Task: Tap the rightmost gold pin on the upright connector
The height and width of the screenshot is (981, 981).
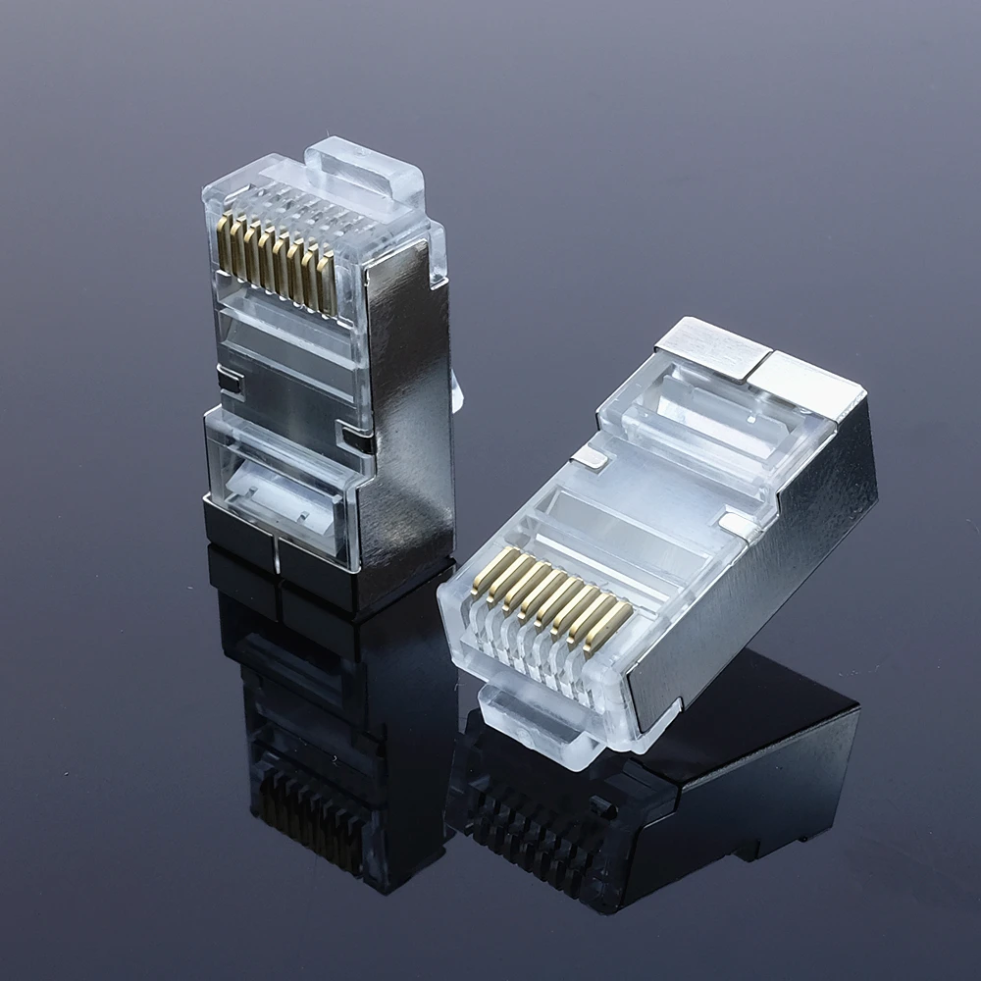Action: pos(329,285)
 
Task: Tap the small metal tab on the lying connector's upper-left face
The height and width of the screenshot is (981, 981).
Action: pos(589,456)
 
